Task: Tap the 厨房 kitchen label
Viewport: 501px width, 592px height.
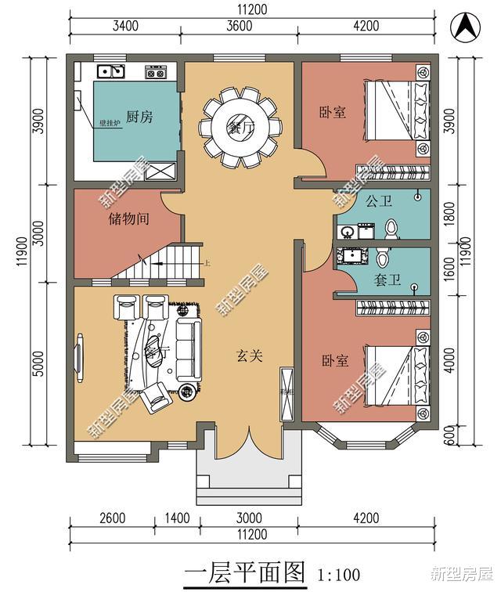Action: click(x=139, y=117)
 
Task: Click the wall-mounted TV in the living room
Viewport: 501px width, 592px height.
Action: click(x=80, y=359)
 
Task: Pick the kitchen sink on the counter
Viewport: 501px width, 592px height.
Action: click(x=110, y=72)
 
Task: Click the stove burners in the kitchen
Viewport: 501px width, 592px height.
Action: click(x=156, y=73)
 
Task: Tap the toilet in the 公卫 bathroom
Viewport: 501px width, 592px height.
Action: click(x=392, y=228)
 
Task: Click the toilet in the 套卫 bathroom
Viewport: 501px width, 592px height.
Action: click(x=382, y=258)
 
